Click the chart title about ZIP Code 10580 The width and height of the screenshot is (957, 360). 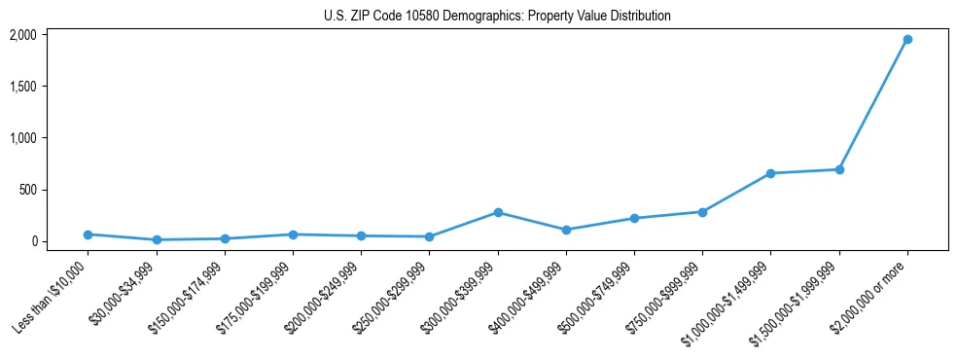(497, 17)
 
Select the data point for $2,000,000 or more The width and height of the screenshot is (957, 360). (906, 40)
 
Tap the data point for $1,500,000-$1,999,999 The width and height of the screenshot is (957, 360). (838, 169)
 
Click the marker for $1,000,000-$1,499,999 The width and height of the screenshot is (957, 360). (770, 173)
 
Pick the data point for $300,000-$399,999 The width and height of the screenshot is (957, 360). (498, 212)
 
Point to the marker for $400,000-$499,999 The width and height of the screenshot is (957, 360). (566, 230)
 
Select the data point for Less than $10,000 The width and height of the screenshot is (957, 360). (89, 234)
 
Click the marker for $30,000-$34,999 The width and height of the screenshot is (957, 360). (157, 239)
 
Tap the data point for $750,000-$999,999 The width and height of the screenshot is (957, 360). (702, 212)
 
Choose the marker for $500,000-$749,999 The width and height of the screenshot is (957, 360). (634, 218)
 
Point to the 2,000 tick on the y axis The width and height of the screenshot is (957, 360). (22, 35)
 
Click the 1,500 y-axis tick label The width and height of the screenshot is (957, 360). (22, 87)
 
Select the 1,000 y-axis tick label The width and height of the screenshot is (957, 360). (22, 138)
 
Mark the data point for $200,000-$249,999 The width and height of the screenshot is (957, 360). (362, 235)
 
